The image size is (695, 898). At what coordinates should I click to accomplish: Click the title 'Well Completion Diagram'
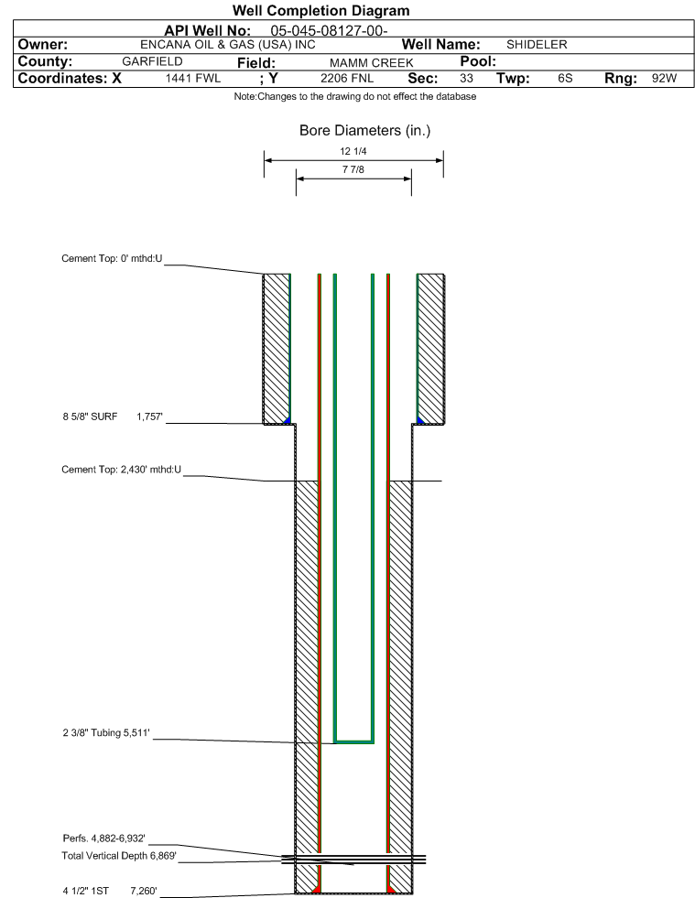(x=320, y=11)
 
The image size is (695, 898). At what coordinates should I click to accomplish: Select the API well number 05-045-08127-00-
(x=329, y=31)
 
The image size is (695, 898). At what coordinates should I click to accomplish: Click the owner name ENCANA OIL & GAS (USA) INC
(x=227, y=45)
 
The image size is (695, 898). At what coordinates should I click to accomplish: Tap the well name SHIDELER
(x=537, y=45)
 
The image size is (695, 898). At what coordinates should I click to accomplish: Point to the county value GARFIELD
(x=152, y=61)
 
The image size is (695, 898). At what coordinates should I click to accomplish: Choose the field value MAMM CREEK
(x=371, y=62)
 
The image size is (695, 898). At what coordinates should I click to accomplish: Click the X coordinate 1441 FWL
(x=193, y=79)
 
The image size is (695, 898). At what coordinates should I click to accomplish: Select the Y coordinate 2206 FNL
(x=347, y=79)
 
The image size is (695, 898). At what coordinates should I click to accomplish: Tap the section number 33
(x=466, y=79)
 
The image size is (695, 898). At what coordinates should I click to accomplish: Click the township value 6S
(x=565, y=79)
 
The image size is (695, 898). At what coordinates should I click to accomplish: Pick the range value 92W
(x=664, y=79)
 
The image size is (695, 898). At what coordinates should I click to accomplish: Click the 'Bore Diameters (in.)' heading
(x=365, y=131)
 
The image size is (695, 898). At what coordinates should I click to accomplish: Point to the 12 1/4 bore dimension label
(x=353, y=151)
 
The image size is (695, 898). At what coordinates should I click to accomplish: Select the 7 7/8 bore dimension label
(x=353, y=169)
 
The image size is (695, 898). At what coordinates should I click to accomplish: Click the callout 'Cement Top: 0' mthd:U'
(x=112, y=259)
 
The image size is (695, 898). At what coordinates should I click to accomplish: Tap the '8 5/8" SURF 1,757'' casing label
(x=113, y=417)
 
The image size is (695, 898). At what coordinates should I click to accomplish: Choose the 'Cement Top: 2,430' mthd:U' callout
(x=122, y=470)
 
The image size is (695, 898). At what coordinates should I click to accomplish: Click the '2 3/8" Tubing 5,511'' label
(x=106, y=733)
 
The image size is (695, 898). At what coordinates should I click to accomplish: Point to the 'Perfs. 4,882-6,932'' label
(x=103, y=838)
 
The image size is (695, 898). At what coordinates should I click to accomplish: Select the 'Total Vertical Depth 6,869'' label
(x=119, y=856)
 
